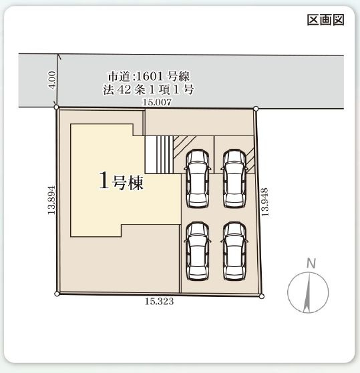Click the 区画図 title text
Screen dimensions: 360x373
[x=325, y=20]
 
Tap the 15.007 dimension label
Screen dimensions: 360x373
[x=157, y=102]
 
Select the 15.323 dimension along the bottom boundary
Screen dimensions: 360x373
[x=159, y=302]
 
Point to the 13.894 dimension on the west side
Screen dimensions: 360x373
[x=51, y=200]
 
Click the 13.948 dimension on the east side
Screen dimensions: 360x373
[x=264, y=202]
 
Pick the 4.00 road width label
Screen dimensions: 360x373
[x=52, y=80]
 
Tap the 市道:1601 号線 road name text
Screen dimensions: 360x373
[x=149, y=76]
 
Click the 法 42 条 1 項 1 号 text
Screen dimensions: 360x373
[x=148, y=89]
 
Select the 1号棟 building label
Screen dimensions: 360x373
[x=121, y=181]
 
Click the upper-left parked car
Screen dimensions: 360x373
[x=198, y=178]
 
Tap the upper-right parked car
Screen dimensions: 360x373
[x=234, y=178]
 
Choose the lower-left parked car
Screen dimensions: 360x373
[x=198, y=251]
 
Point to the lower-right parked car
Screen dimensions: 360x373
[x=234, y=251]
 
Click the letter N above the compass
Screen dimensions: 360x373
[x=311, y=264]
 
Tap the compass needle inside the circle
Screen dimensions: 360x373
[x=307, y=293]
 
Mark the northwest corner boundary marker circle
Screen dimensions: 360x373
[x=56, y=107]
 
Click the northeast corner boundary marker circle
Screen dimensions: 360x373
[x=256, y=109]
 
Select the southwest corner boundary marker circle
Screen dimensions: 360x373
[x=57, y=294]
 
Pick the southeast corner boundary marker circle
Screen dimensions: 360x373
[x=261, y=296]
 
